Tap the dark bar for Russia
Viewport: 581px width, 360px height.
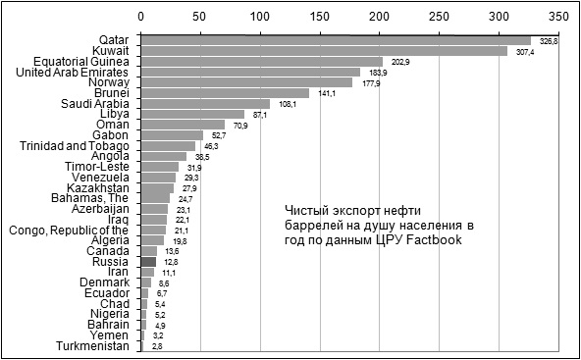point(148,262)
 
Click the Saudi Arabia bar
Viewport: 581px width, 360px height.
point(205,103)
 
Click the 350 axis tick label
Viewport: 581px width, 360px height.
point(558,17)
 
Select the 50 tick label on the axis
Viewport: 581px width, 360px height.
point(200,17)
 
